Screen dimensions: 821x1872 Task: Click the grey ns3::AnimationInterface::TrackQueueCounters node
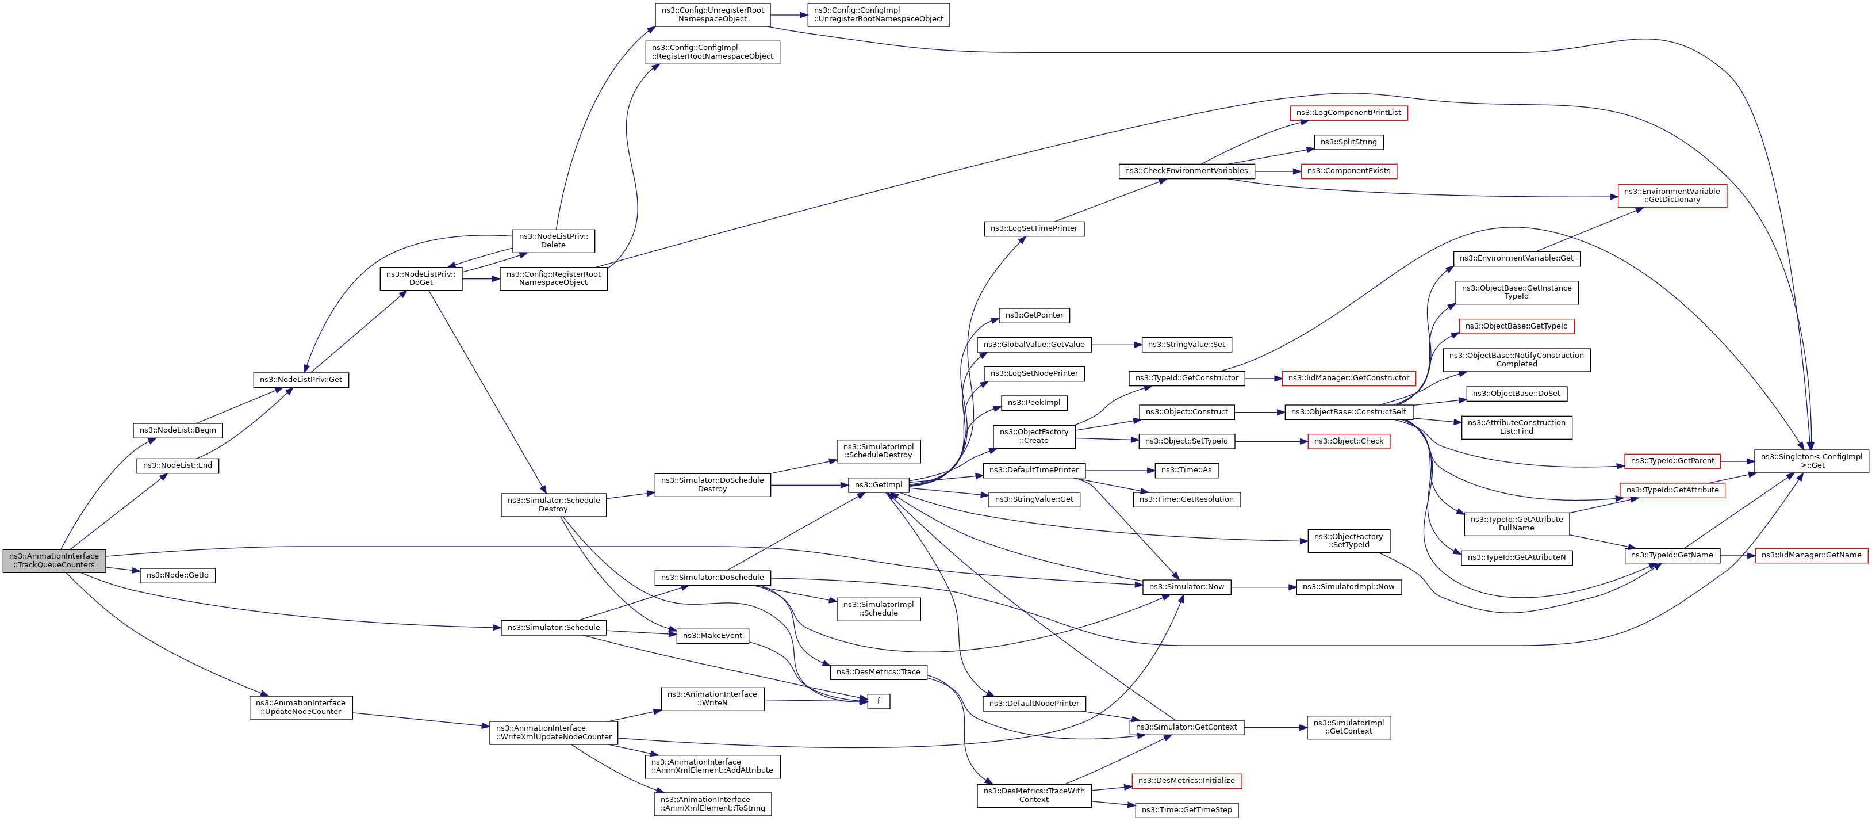[54, 561]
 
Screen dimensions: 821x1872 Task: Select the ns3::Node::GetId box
[177, 575]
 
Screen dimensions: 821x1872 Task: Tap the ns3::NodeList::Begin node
[177, 430]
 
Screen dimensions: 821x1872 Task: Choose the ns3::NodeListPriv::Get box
[301, 380]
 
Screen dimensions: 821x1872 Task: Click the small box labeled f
[879, 701]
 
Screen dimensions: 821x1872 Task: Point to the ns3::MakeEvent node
[712, 636]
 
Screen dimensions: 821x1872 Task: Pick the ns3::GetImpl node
[879, 484]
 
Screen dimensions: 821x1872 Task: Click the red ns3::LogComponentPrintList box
[1349, 113]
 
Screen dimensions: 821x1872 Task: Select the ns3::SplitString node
[1349, 142]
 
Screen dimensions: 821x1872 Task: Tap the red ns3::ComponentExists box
[1349, 171]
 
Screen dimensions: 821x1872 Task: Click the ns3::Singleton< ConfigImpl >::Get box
[1811, 461]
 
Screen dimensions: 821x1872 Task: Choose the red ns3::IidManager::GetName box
[1811, 555]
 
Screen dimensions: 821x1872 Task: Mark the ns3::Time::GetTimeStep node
[1187, 809]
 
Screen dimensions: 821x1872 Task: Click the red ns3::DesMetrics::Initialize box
[1187, 780]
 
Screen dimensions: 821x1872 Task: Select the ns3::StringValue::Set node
[1187, 345]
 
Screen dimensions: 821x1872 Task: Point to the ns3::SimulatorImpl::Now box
[1349, 587]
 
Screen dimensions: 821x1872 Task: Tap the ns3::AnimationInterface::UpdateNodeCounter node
[301, 707]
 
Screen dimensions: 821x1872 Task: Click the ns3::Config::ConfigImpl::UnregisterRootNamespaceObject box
[879, 14]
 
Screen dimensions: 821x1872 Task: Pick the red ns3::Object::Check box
[1349, 441]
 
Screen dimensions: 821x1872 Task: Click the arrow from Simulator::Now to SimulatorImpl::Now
[1264, 587]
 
